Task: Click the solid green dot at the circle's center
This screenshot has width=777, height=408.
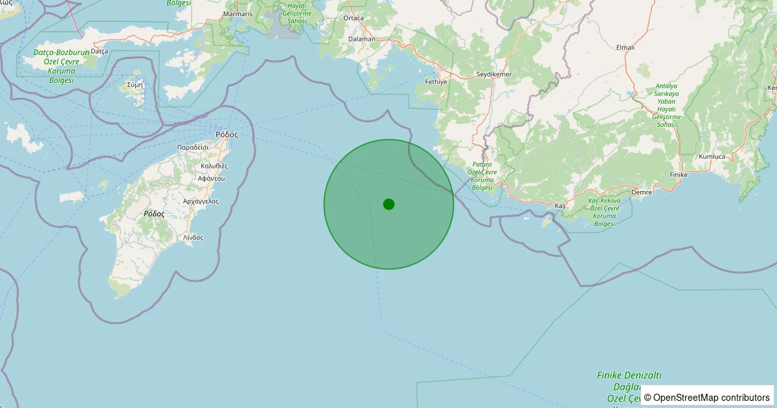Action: click(x=388, y=204)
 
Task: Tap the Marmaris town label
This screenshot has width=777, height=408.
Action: click(x=237, y=14)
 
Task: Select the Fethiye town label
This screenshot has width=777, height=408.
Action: click(x=436, y=82)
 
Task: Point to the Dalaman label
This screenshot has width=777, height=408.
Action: click(x=361, y=39)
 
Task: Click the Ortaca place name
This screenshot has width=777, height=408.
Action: click(x=354, y=18)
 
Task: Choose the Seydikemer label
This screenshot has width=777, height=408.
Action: click(x=494, y=74)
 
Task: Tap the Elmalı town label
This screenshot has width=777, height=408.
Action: click(x=625, y=47)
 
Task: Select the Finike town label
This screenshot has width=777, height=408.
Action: click(x=678, y=175)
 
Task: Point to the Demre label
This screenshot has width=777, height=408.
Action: click(x=641, y=192)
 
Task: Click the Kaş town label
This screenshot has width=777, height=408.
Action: click(x=560, y=205)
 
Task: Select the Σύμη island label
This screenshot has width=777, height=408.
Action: click(x=135, y=84)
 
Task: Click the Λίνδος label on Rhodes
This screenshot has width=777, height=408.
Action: click(x=193, y=237)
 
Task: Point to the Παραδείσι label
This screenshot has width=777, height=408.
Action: click(x=192, y=148)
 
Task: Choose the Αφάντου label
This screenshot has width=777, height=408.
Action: click(x=211, y=178)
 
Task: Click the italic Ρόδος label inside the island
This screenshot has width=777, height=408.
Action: click(x=154, y=213)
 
